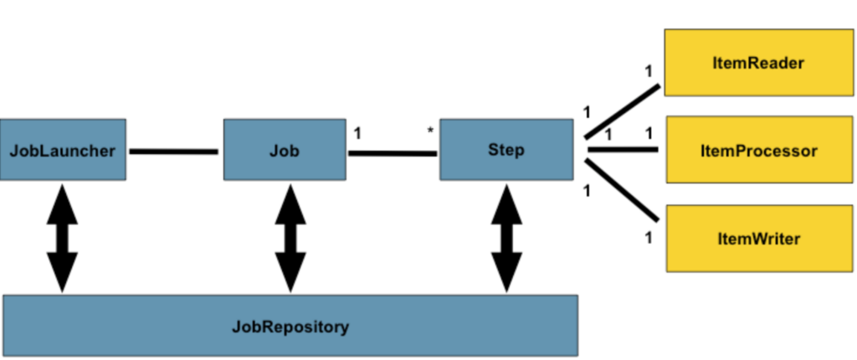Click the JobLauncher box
[63, 149]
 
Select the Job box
[285, 149]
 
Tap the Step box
[506, 149]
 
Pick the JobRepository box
[290, 326]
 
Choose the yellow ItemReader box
[758, 62]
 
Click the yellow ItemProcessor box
[759, 149]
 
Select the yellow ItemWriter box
[759, 238]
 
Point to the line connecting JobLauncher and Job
[174, 151]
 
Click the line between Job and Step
[393, 153]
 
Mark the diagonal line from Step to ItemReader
[622, 111]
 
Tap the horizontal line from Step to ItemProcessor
[623, 149]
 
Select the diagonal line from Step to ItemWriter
[622, 190]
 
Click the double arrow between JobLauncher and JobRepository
[62, 238]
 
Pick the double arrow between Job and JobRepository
[290, 238]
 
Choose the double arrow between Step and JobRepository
[506, 238]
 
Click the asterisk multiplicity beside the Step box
[430, 131]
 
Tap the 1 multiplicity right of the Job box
[357, 133]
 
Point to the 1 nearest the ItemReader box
[649, 71]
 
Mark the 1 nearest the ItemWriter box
[649, 238]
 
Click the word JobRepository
[290, 327]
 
